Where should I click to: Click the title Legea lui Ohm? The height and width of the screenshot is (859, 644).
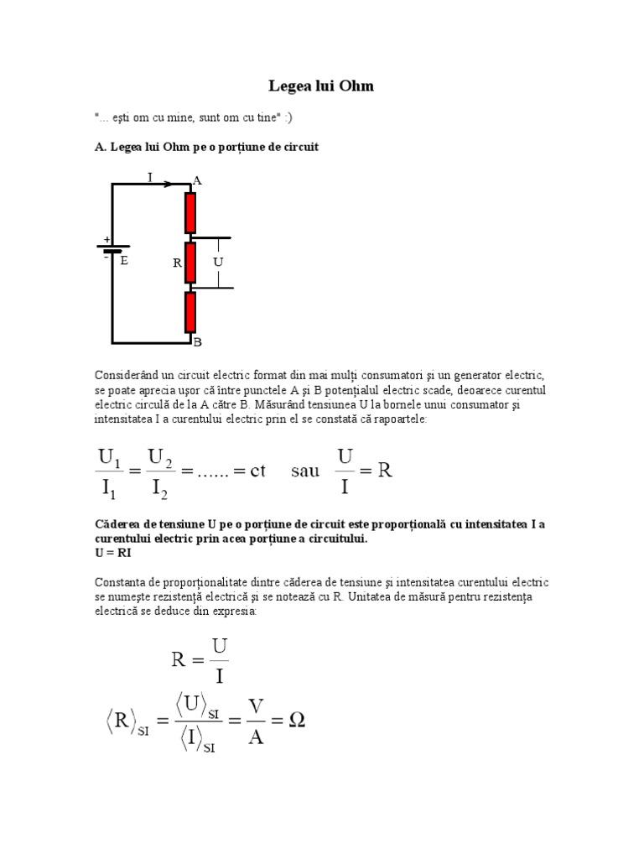pyautogui.click(x=321, y=86)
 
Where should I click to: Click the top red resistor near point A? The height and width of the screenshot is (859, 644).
pyautogui.click(x=190, y=212)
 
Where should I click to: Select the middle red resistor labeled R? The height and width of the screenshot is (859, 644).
pyautogui.click(x=190, y=263)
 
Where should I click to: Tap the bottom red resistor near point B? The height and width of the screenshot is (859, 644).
pyautogui.click(x=190, y=313)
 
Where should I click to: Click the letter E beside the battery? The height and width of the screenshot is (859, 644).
pyautogui.click(x=124, y=261)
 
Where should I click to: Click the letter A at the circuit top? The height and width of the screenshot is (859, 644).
pyautogui.click(x=198, y=180)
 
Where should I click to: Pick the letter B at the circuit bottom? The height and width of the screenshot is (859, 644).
pyautogui.click(x=198, y=342)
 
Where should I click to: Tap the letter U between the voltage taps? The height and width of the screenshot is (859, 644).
pyautogui.click(x=218, y=262)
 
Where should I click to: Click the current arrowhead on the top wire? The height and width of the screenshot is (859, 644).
pyautogui.click(x=168, y=185)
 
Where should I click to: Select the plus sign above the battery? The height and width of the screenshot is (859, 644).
pyautogui.click(x=106, y=239)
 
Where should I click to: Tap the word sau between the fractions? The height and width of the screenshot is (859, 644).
pyautogui.click(x=305, y=470)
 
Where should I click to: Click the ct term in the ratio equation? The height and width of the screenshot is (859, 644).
pyautogui.click(x=257, y=470)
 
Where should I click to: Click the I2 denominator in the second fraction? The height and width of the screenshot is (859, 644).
pyautogui.click(x=159, y=486)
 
